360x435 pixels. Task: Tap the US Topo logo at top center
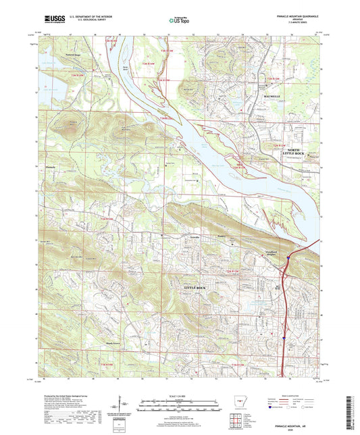pos(179,21)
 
